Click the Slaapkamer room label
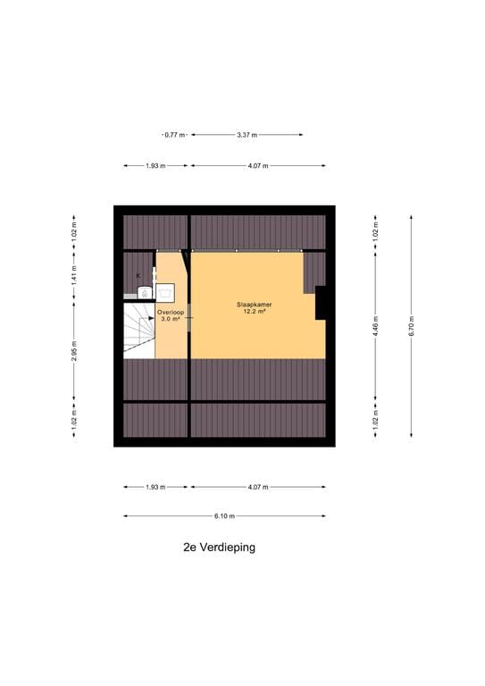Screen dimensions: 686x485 255,305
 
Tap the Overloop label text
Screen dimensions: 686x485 171,312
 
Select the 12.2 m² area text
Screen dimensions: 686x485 255,313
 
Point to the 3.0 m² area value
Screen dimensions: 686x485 171,319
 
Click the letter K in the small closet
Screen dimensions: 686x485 138,276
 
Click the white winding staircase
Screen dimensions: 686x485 139,330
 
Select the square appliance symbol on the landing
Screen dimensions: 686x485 165,290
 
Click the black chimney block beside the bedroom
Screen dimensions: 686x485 321,302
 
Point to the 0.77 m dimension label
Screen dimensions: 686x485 174,135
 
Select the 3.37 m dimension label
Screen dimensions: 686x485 247,135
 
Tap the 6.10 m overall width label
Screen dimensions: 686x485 224,516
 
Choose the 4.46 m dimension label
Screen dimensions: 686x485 375,329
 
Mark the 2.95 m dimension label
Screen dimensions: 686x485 75,354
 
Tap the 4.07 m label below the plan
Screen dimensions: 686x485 257,487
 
